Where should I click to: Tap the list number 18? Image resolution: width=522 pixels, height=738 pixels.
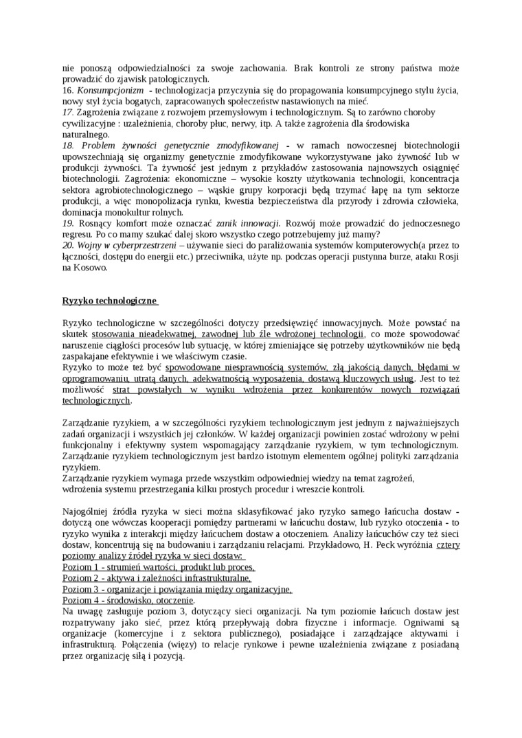click(x=68, y=146)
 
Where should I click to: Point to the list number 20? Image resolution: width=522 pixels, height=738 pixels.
click(x=68, y=244)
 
